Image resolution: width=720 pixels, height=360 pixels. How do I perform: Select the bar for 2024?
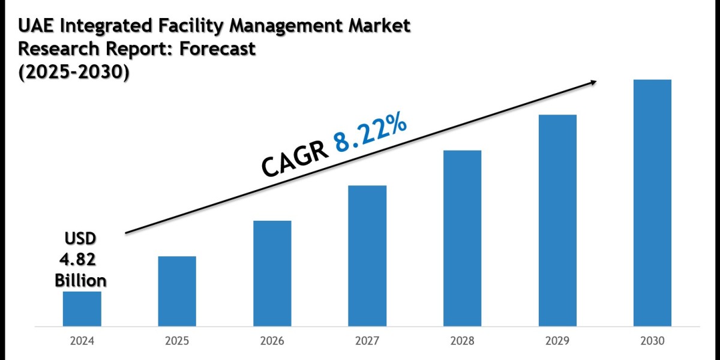pyautogui.click(x=82, y=309)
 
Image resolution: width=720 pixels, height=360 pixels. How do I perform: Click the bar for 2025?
pyautogui.click(x=177, y=292)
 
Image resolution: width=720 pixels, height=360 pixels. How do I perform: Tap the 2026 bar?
pyautogui.click(x=272, y=274)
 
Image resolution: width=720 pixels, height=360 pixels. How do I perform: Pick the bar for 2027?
pyautogui.click(x=367, y=256)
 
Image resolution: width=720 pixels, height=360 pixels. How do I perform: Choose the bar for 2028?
pyautogui.click(x=462, y=238)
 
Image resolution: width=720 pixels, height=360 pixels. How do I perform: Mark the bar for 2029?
pyautogui.click(x=557, y=221)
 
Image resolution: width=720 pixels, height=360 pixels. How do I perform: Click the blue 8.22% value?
pyautogui.click(x=371, y=137)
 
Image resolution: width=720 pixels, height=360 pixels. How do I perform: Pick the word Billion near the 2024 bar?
pyautogui.click(x=80, y=280)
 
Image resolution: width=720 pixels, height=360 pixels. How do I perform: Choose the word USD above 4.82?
pyautogui.click(x=80, y=239)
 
